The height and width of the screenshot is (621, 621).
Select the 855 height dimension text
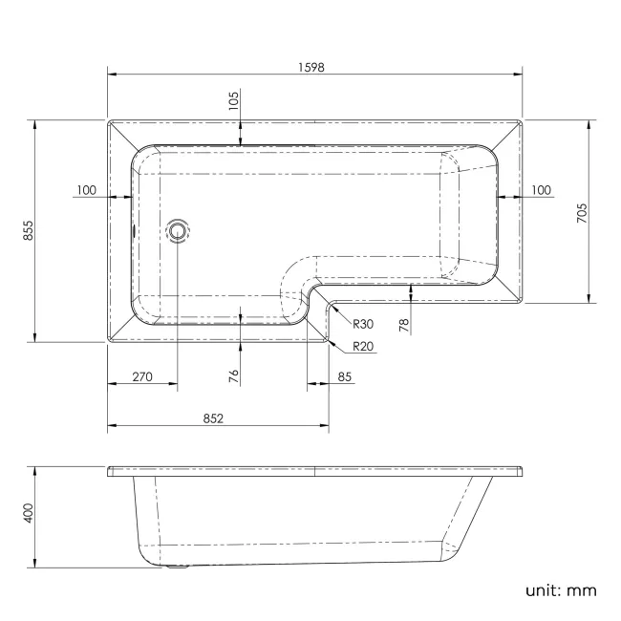[x=29, y=230]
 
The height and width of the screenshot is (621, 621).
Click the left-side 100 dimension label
[x=86, y=190]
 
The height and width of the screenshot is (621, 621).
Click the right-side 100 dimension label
[x=541, y=190]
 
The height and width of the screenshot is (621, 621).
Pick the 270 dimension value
[x=141, y=377]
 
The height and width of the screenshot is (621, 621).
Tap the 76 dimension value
[x=233, y=375]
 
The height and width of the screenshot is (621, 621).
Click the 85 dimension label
[x=345, y=377]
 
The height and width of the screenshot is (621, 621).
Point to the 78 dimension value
[x=404, y=326]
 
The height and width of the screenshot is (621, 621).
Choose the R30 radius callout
[x=362, y=325]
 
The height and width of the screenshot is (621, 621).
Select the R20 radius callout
[x=362, y=346]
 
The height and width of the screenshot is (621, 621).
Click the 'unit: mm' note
[x=561, y=589]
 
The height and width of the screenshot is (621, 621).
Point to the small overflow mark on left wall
[x=134, y=229]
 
